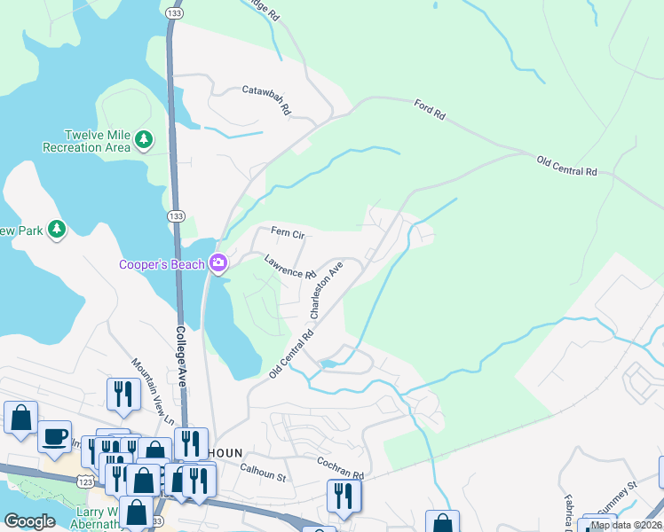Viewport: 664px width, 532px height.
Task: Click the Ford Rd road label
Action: [428, 113]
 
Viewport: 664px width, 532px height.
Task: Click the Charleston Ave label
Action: [325, 290]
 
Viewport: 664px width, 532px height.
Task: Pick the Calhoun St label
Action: [264, 477]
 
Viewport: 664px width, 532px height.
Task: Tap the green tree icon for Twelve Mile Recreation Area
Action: [143, 139]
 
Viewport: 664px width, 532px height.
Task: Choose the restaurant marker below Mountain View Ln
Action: [123, 394]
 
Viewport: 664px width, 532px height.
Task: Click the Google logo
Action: [29, 521]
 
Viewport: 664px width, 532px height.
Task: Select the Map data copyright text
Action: [626, 525]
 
